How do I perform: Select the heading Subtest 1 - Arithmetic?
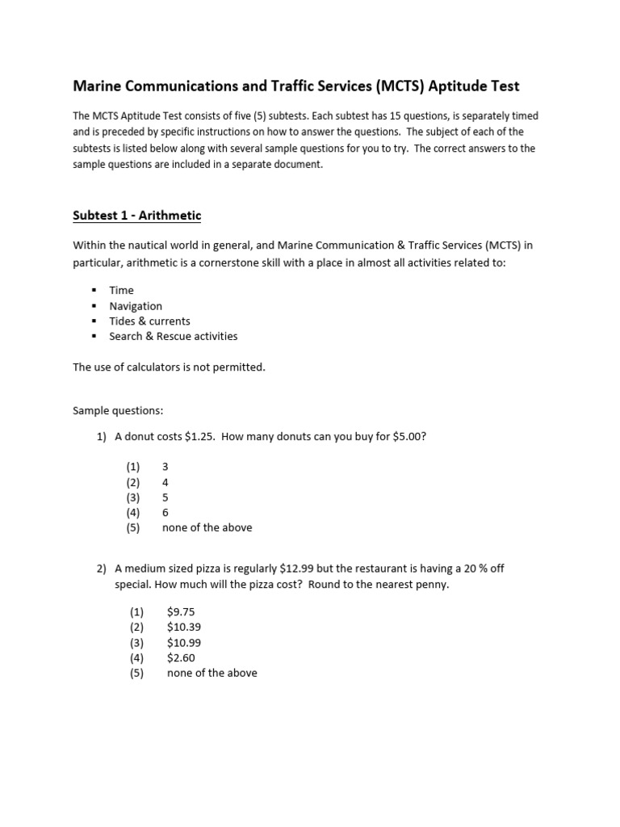(136, 216)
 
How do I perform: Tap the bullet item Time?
(122, 290)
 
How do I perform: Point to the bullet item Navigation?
(136, 306)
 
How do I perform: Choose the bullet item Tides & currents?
(150, 321)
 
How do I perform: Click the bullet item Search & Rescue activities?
(174, 336)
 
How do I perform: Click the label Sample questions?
(118, 411)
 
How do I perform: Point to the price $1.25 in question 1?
(199, 437)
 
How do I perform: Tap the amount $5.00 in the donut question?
(408, 437)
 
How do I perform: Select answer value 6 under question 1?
(165, 512)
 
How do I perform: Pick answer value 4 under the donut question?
(165, 482)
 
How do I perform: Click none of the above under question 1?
(207, 527)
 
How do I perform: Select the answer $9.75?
(181, 612)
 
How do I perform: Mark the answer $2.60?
(181, 657)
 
